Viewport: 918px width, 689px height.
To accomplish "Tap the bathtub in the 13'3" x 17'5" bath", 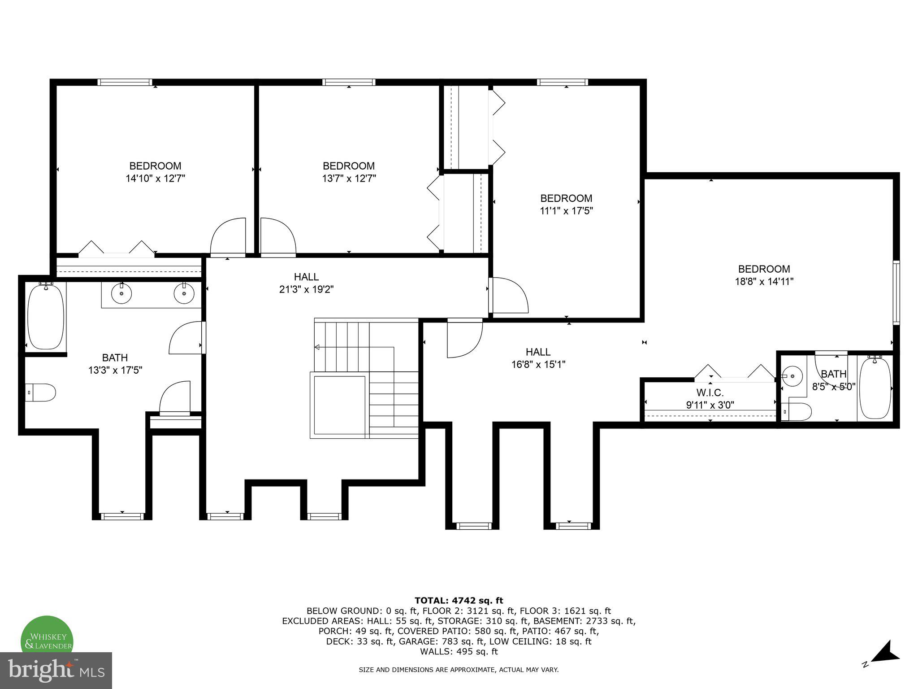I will tap(45, 317).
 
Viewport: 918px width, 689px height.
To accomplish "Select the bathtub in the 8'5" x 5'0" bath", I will tap(875, 388).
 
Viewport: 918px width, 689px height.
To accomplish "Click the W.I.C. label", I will tap(710, 393).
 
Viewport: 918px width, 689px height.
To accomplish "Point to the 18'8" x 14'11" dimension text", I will tap(764, 282).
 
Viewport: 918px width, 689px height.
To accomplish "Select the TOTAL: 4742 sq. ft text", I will tap(459, 601).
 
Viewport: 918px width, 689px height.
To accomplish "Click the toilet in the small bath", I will tap(798, 411).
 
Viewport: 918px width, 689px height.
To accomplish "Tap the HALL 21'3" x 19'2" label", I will tap(307, 283).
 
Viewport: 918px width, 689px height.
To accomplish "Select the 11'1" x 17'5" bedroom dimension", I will tap(566, 211).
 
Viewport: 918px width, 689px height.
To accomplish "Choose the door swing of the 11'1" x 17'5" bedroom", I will tap(509, 295).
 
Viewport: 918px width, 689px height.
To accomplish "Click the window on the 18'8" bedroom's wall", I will tap(896, 292).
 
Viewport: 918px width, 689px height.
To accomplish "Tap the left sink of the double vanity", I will tap(121, 294).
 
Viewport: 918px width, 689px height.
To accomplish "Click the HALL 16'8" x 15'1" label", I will tap(538, 358).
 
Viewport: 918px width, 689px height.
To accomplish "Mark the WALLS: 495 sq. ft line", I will tap(459, 651).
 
